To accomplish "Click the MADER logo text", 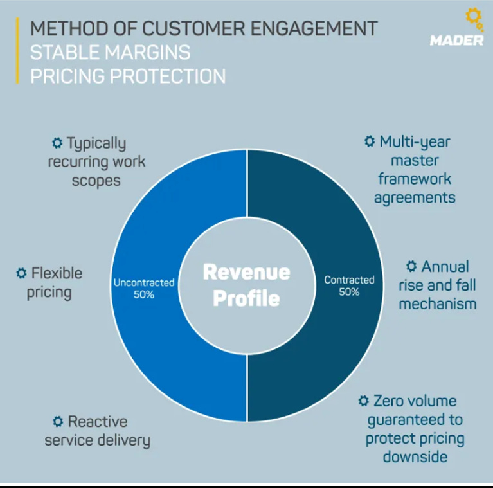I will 456,41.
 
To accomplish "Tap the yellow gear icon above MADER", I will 472,19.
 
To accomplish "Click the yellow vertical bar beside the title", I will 17,51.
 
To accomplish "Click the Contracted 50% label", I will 349,285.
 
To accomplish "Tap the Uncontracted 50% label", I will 144,288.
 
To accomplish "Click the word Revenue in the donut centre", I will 246,272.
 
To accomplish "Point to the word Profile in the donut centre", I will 246,298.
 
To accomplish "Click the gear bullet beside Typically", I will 57,143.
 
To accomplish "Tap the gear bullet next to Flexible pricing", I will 22,273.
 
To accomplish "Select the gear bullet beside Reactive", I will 58,422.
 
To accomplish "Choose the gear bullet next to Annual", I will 411,266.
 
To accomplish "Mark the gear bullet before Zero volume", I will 363,401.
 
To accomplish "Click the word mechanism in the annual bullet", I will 437,303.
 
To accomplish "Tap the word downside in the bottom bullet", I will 415,457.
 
